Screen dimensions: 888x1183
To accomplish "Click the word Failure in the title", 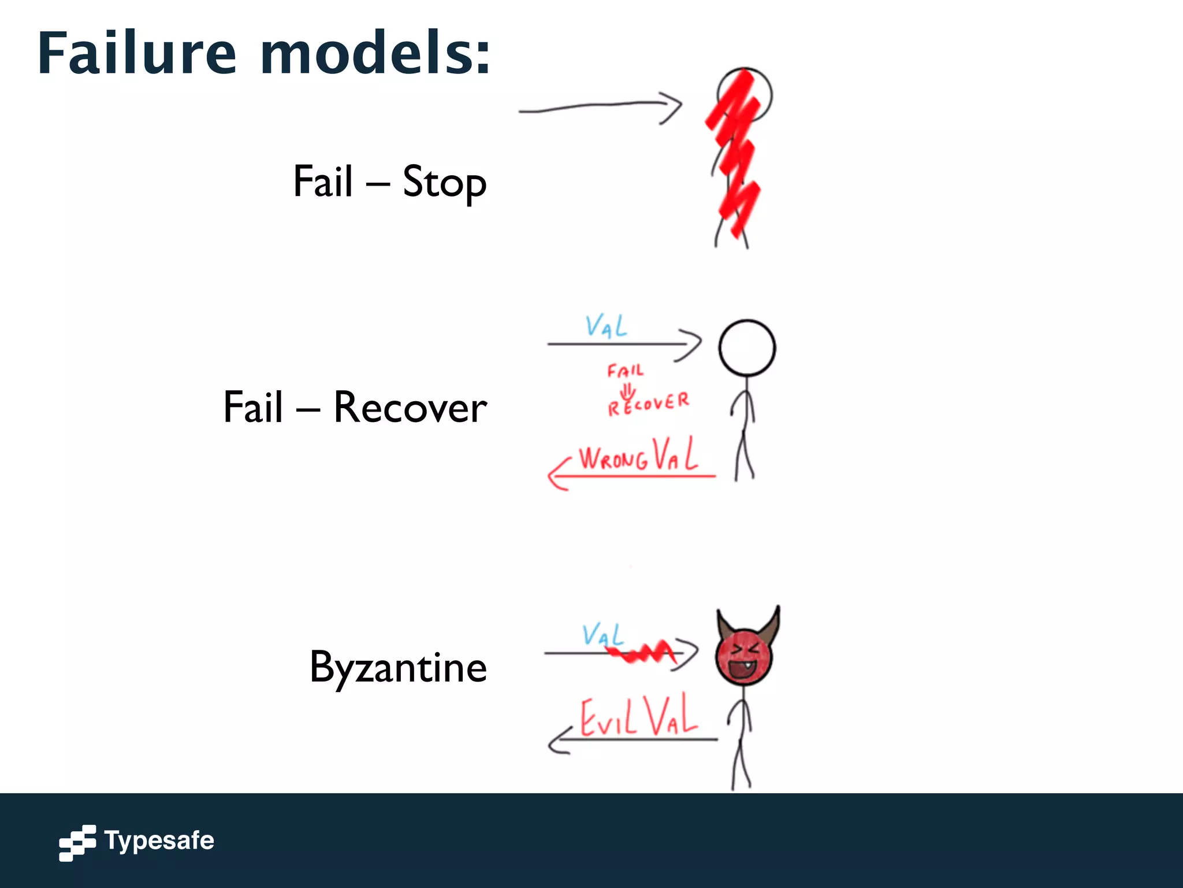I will [x=137, y=53].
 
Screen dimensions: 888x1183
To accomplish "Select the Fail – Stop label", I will [x=390, y=182].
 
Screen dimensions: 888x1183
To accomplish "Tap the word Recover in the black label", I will [x=410, y=408].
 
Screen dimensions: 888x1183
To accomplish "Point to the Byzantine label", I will [x=398, y=668].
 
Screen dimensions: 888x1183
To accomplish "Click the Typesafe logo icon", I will [x=77, y=842].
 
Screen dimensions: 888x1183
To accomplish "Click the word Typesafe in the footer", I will [x=159, y=841].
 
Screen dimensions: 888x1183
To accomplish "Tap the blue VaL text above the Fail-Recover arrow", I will [x=606, y=326].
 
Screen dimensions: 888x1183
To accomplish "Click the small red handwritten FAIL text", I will [x=625, y=371].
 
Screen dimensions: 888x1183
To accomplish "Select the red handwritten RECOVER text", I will [x=648, y=404].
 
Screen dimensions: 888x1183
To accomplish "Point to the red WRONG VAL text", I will [x=638, y=456].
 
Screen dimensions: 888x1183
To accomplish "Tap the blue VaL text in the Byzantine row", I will [x=602, y=635].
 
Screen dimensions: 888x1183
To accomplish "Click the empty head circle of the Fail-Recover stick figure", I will [x=747, y=348].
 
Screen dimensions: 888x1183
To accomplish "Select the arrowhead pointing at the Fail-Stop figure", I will [x=672, y=107].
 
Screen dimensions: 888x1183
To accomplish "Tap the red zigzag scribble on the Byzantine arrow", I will [x=641, y=653].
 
